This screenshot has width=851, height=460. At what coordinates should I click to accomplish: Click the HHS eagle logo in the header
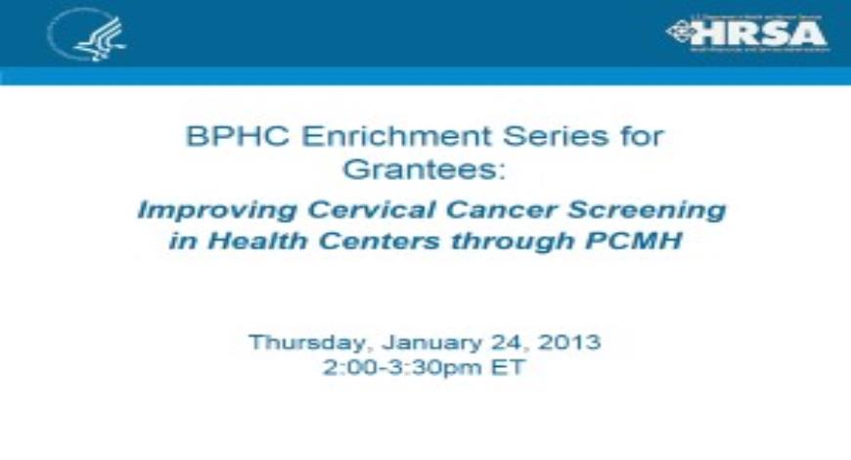coord(86,35)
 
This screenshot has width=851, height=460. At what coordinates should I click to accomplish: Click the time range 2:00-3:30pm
coord(399,370)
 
